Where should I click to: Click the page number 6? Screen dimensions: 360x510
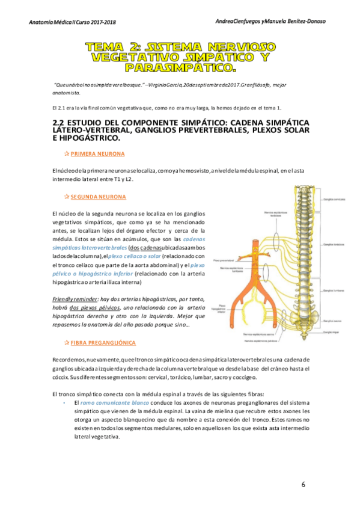tap(304, 484)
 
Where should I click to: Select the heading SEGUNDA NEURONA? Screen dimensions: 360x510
tap(98, 197)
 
